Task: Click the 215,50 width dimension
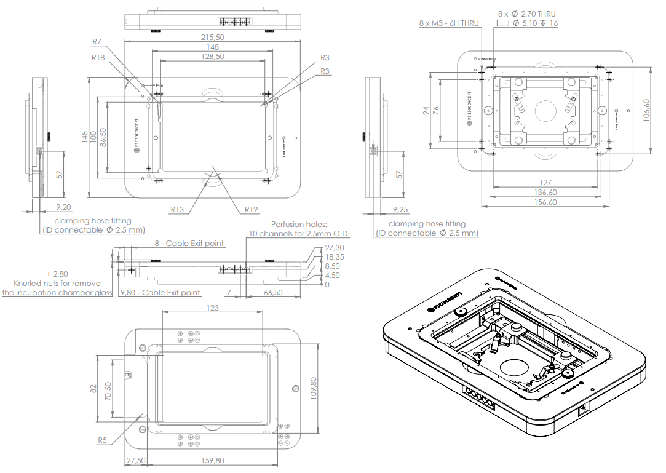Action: pos(212,37)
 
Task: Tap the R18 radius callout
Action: pos(98,57)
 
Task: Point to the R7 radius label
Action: pos(97,42)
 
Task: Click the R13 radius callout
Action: pos(178,209)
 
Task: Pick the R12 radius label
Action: pos(251,209)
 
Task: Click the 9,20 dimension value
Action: pos(63,207)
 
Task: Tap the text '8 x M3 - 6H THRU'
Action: pos(448,23)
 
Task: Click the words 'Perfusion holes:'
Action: pos(299,225)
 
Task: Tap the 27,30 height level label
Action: pos(333,248)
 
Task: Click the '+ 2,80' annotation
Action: pos(57,273)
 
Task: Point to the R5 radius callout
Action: pos(102,440)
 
